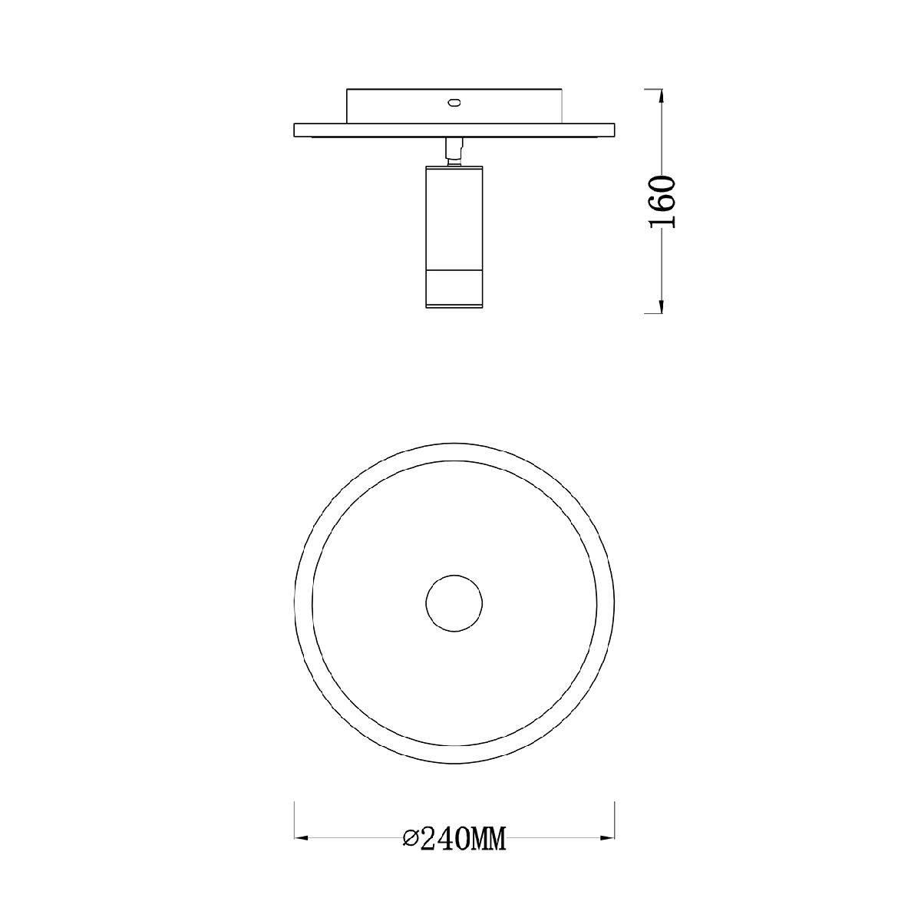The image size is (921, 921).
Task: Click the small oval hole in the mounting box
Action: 453,102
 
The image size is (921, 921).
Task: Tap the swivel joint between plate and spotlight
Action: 454,152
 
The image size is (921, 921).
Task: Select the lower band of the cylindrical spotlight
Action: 454,289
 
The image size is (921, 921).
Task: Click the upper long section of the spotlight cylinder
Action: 454,219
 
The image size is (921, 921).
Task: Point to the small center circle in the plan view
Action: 454,603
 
